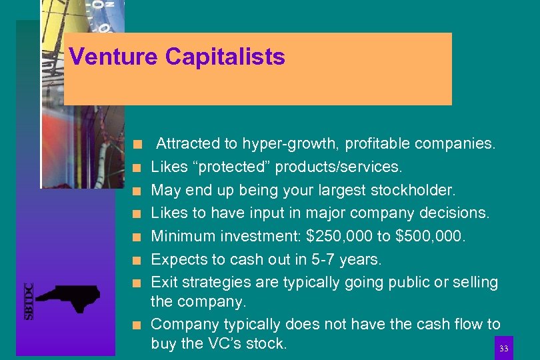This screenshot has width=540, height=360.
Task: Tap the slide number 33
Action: pyautogui.click(x=503, y=349)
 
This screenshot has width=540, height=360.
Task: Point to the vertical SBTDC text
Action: pyautogui.click(x=29, y=301)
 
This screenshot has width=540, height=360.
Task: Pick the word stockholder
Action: pyautogui.click(x=414, y=190)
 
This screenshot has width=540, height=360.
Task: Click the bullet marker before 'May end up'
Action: pyautogui.click(x=135, y=191)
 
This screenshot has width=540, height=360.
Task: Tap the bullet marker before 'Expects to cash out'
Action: pyautogui.click(x=135, y=260)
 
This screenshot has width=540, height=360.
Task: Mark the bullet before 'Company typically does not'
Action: pyautogui.click(x=135, y=325)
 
